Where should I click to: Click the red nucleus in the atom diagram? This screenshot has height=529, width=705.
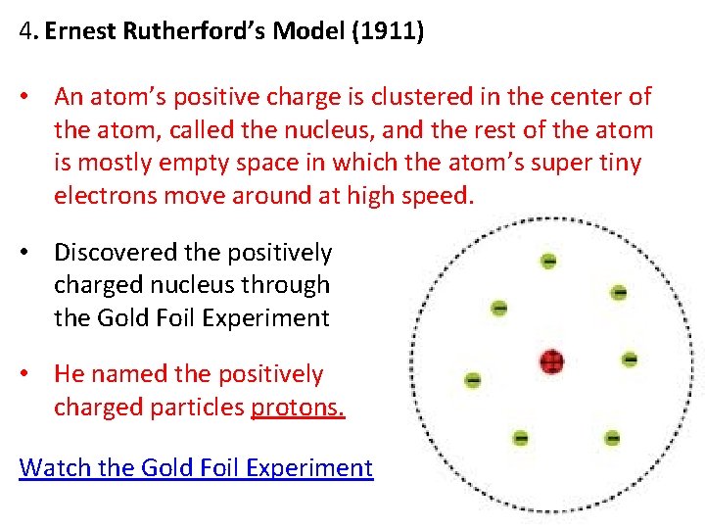[552, 362]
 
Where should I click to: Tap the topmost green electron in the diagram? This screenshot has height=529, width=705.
[548, 262]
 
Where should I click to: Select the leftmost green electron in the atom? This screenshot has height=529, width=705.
[473, 379]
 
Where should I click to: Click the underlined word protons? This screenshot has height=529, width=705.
[298, 407]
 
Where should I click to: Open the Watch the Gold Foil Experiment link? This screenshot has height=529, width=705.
[196, 467]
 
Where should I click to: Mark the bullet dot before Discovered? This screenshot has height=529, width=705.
[32, 253]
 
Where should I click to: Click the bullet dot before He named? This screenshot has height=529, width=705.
[32, 374]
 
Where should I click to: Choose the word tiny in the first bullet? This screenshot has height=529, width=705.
[619, 163]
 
